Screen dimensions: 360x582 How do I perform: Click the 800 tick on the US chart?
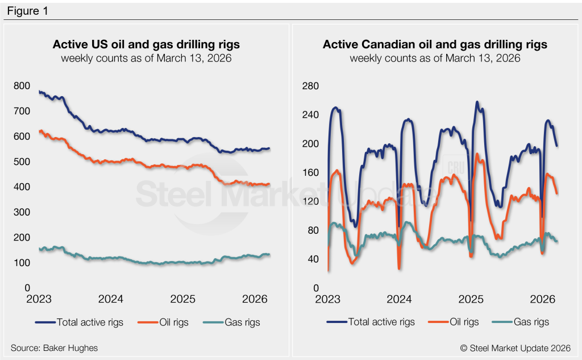point(22,86)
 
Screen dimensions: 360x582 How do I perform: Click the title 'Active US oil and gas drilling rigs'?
point(146,44)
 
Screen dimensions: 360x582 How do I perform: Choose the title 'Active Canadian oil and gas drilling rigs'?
point(435,44)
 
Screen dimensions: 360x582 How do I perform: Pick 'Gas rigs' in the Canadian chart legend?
point(531,322)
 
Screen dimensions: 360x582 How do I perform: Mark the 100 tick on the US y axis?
point(22,263)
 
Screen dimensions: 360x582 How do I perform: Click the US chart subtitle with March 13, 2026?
point(146,58)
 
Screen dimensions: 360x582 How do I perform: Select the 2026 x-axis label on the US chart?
point(255,299)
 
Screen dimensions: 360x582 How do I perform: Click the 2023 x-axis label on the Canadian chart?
point(327,299)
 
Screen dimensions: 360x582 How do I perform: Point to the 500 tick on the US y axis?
point(22,162)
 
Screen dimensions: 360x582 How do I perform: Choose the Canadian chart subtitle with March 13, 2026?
point(435,58)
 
